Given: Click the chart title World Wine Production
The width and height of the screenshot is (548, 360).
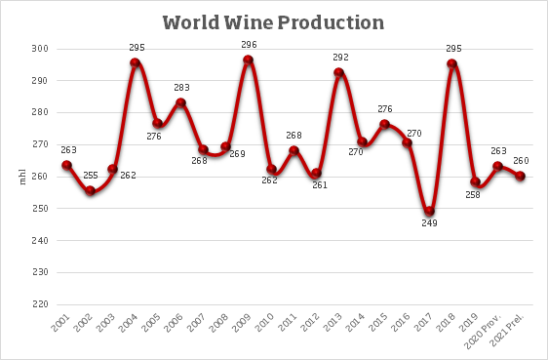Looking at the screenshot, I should tap(273, 21).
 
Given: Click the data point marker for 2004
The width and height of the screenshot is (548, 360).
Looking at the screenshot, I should tap(136, 62).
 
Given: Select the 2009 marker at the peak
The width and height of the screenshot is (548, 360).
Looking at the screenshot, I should tap(249, 60).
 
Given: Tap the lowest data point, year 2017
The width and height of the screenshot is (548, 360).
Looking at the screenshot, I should tap(430, 211).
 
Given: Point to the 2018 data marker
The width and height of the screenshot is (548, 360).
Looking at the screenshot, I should tap(452, 64).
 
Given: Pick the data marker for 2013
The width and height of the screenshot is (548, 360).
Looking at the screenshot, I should tap(339, 72).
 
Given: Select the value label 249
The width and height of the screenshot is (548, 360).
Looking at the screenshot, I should tap(430, 223).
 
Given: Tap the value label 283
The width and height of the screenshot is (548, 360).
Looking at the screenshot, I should tap(181, 88).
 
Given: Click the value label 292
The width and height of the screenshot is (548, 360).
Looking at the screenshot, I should tap(339, 58).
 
